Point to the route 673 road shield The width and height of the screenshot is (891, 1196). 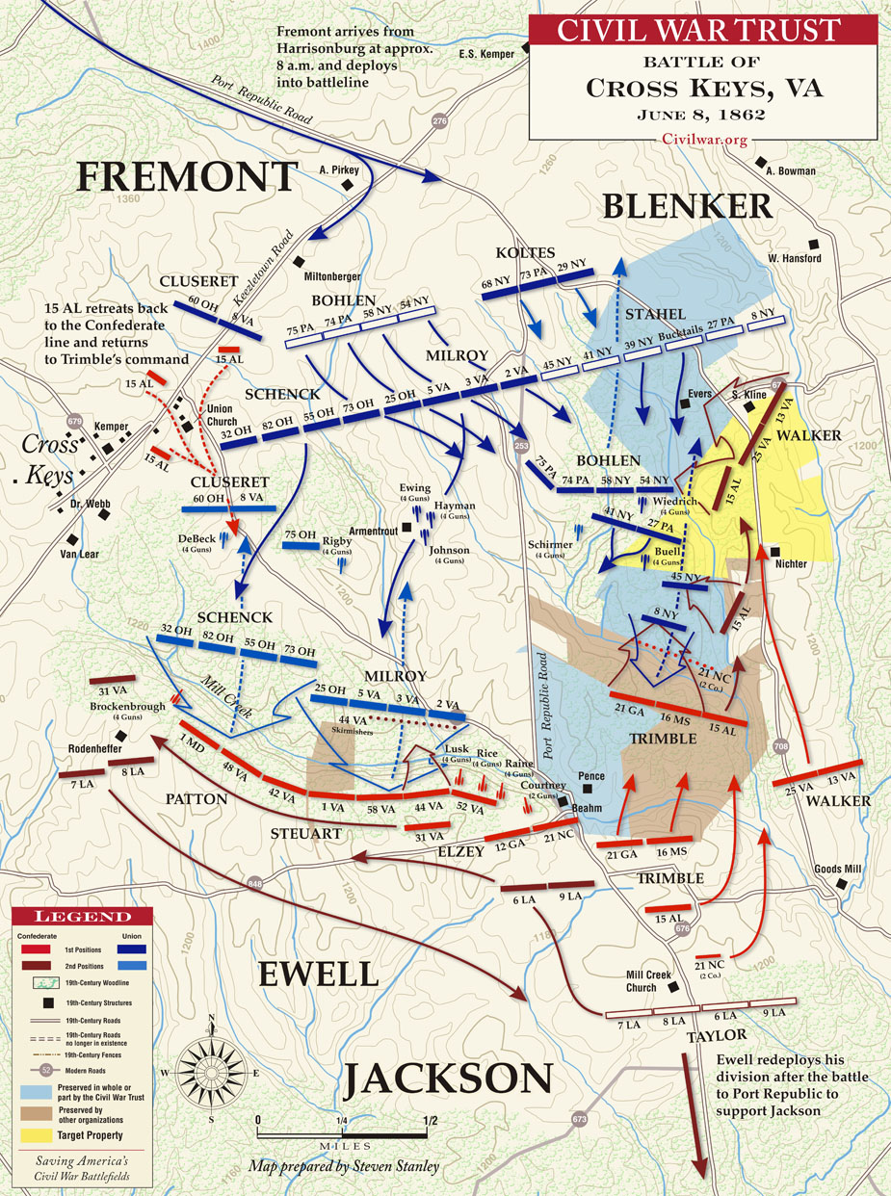pyautogui.click(x=578, y=1119)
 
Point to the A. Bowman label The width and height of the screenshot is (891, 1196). pyautogui.click(x=791, y=171)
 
